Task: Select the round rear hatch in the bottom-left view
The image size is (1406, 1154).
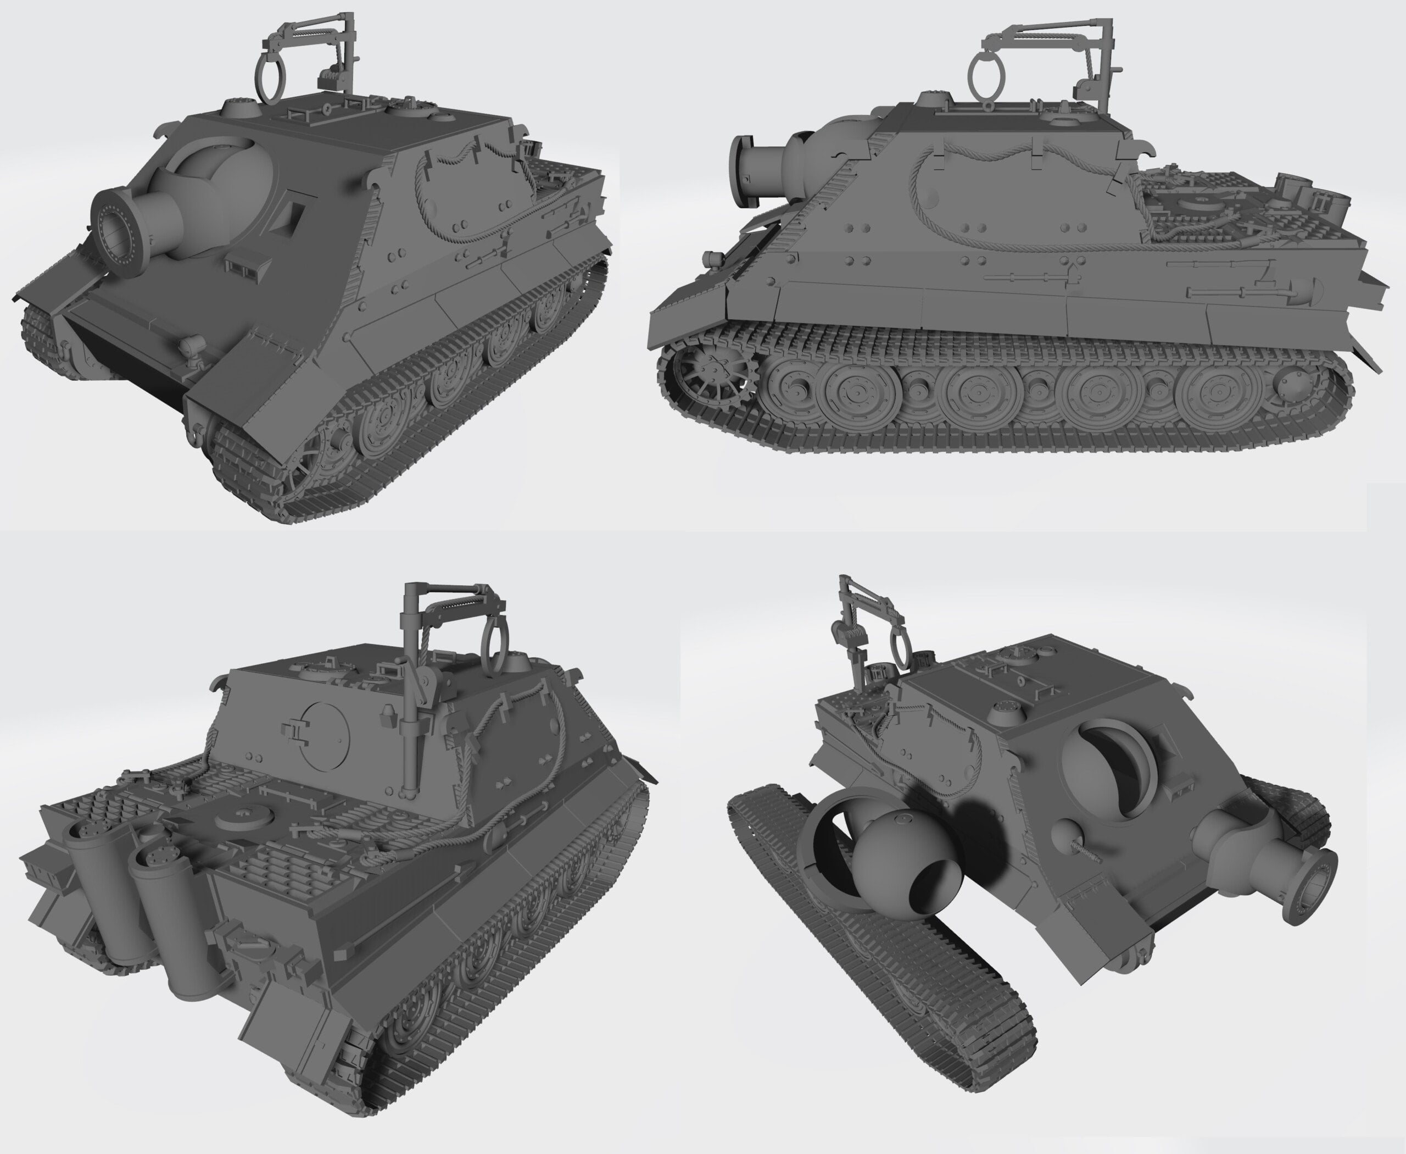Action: click(x=323, y=735)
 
